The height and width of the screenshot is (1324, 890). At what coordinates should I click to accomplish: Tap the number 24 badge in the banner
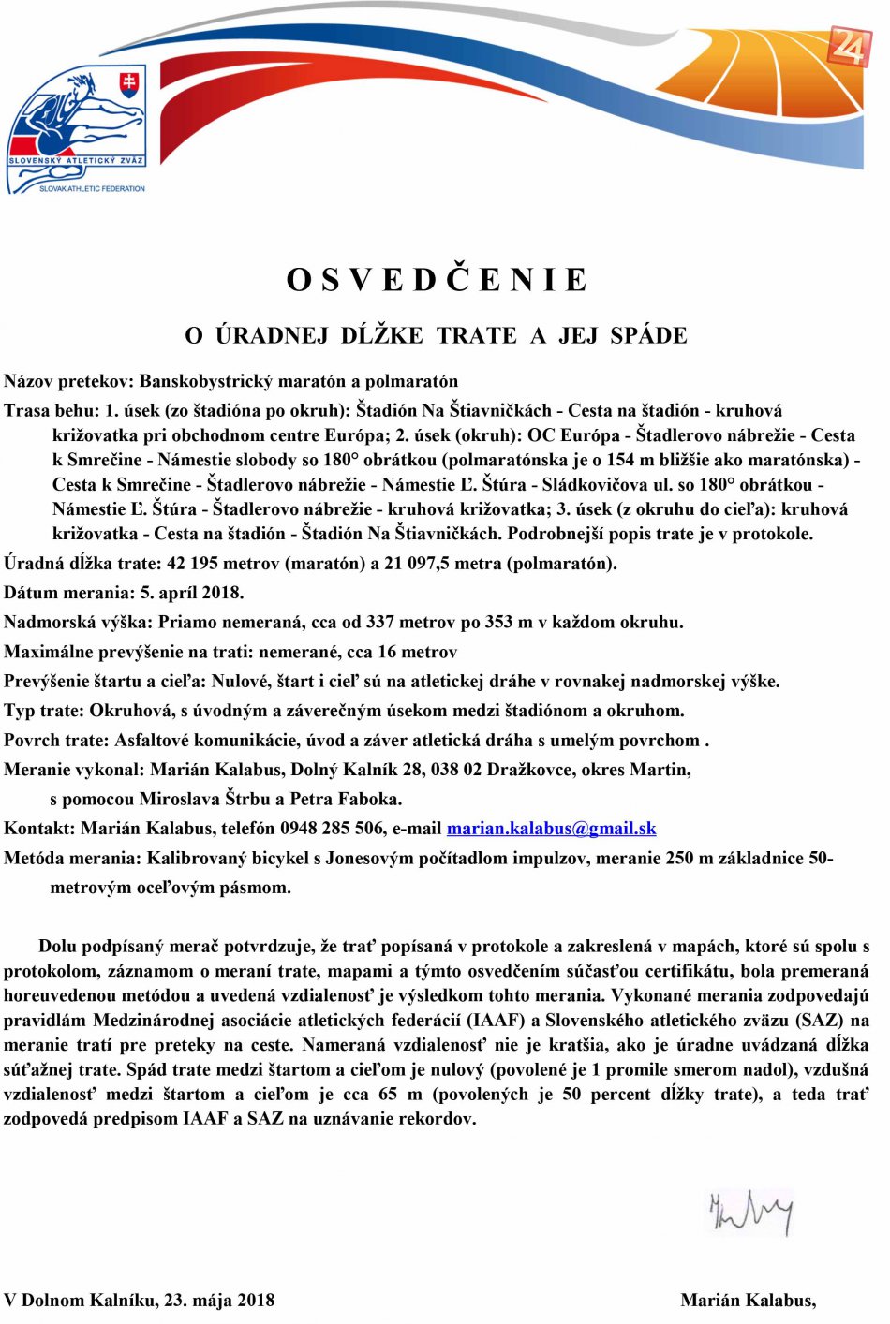[849, 46]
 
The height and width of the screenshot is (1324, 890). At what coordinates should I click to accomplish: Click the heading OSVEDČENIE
[437, 280]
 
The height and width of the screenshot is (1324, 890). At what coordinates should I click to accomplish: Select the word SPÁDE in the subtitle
[648, 335]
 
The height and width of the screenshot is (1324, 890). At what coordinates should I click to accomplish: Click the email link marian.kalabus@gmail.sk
[551, 829]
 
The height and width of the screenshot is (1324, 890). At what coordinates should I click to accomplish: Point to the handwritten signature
[751, 1212]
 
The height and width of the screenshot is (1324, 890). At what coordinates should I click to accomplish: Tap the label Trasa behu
[50, 410]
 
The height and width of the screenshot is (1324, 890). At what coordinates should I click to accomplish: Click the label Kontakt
[38, 829]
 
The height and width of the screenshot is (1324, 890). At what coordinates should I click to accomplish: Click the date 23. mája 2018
[219, 1300]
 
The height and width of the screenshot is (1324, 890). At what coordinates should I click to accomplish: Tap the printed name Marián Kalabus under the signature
[748, 1300]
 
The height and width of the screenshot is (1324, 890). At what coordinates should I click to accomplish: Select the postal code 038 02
[459, 770]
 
